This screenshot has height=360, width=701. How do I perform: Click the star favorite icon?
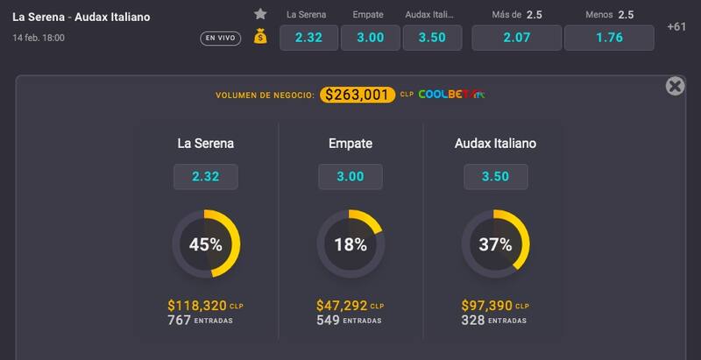260,14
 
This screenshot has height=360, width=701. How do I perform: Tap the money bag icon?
260,37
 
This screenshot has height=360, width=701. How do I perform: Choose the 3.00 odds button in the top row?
370,38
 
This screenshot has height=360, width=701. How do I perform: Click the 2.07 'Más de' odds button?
516,38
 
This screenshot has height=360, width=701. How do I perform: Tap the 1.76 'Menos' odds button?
608,38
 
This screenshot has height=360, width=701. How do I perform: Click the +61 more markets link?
676,26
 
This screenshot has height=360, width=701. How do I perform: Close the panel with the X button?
675,86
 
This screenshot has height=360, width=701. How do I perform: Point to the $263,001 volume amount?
355,95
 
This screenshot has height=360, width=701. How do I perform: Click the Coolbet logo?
451,95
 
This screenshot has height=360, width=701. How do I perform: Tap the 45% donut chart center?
206,244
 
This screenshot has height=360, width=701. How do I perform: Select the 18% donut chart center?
350,244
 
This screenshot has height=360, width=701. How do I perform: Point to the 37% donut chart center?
495,244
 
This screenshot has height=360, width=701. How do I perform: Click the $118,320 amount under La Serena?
197,306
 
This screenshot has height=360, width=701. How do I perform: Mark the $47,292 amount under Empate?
342,306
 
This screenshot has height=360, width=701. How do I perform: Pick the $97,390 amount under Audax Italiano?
487,306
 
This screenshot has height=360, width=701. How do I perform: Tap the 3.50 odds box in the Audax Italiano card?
495,176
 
